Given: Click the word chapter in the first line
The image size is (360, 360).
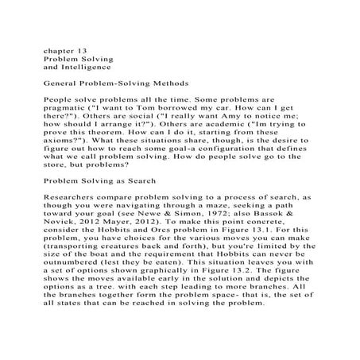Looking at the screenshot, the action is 56,50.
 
